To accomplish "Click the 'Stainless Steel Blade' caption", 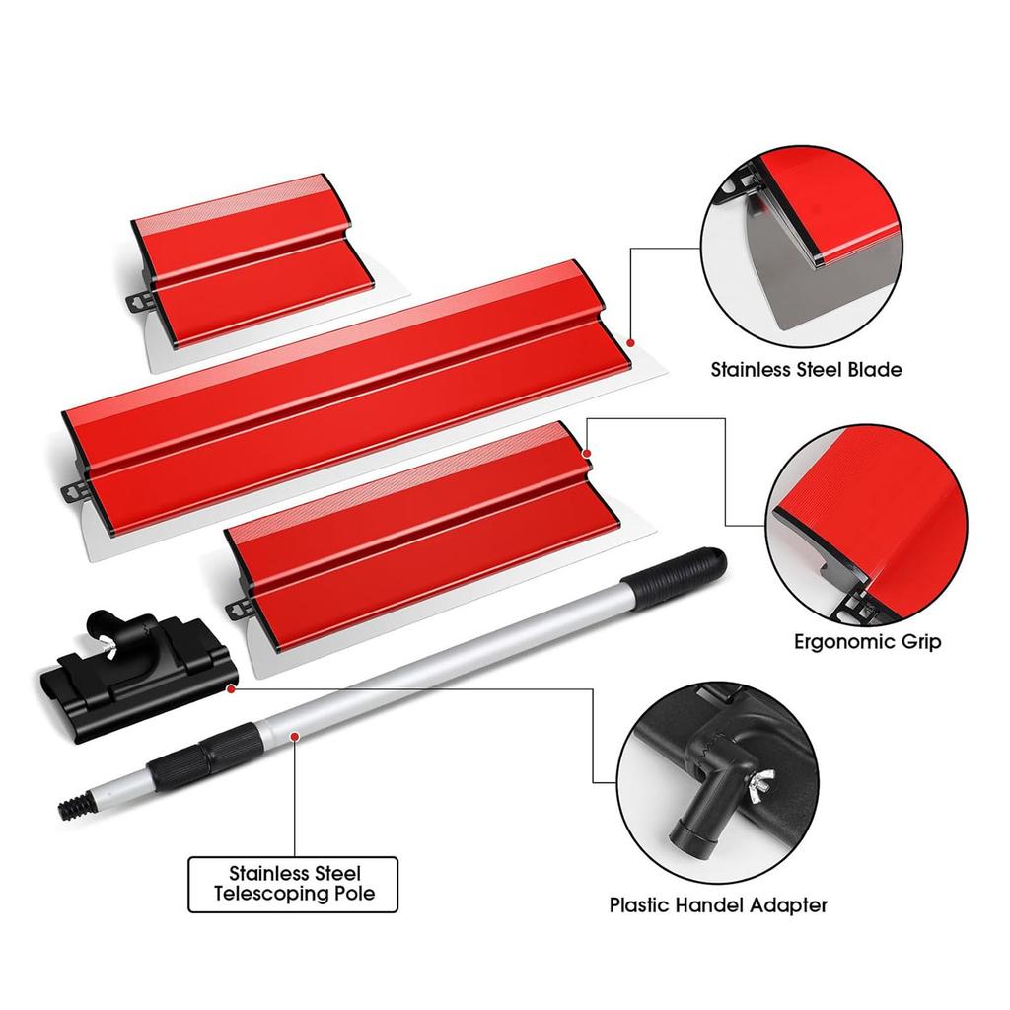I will tap(806, 370).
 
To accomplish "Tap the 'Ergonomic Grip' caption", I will tap(867, 642).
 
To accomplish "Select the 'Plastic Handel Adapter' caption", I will tap(717, 904).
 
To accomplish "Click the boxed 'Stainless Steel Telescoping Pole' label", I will tap(294, 885).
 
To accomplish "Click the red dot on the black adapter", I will tap(230, 689).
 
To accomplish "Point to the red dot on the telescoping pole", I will tap(295, 735).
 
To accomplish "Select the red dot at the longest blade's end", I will tap(629, 341).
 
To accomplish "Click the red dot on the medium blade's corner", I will tap(587, 453).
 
